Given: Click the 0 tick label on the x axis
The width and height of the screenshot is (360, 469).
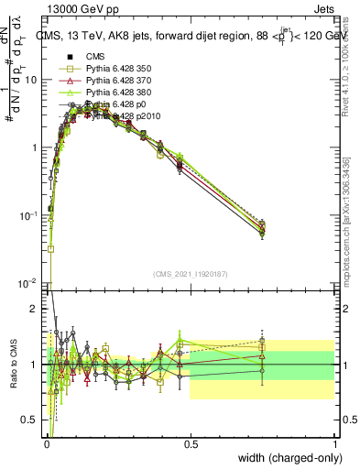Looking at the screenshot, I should click(46, 444).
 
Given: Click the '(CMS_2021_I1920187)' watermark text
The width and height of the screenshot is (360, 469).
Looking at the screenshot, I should click(190, 273).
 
